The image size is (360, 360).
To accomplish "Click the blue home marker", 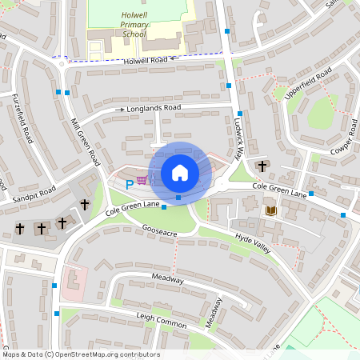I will pos(180,172).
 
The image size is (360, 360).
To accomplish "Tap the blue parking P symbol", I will pos(130,184).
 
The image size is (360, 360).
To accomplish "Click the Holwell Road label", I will pos(145,60).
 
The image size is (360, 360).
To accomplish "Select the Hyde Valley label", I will pos(253,243).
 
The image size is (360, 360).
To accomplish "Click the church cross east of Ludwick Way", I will pos(262,166).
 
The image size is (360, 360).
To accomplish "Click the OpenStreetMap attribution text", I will pos(80,354).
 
